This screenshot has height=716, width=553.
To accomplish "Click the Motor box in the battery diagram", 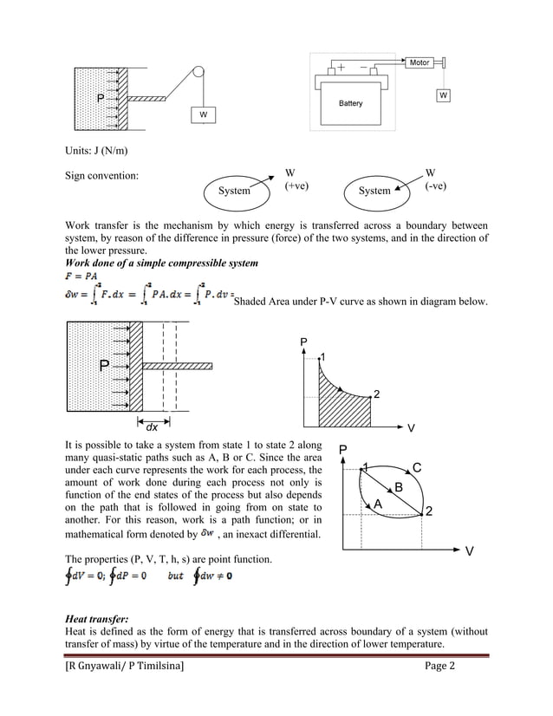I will pos(420,62).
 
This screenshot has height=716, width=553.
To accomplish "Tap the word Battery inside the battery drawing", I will pos(351,103).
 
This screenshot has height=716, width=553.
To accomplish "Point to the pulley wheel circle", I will pos(198,75).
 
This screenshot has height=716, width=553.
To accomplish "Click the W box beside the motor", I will pos(443,94).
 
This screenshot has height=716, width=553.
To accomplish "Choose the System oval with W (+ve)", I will pos(234,191).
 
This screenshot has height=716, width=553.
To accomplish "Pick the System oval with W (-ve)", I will pos(374,191).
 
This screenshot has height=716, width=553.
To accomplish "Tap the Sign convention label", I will pos(102,177).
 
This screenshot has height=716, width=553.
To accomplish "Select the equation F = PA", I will pos(81,276).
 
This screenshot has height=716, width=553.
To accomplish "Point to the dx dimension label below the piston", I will pos(151,426).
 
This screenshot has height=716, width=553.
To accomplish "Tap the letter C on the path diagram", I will pos(417,468).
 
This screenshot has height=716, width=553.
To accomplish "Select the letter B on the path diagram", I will pos(398,487).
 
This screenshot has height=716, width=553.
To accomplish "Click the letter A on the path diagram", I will pos(377,504).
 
